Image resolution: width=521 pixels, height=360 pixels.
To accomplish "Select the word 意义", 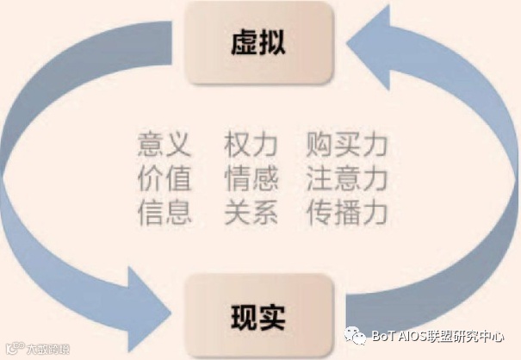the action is [164, 144].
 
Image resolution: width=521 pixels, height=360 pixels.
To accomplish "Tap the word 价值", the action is [164, 178].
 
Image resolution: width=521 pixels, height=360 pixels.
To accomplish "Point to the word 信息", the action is [164, 212].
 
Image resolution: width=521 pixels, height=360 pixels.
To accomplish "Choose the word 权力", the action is [251, 144].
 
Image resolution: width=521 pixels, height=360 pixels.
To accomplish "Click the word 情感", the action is [251, 178].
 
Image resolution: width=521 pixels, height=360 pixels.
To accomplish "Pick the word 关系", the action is [251, 212].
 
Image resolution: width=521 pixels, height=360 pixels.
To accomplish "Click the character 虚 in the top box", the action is [244, 43].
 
